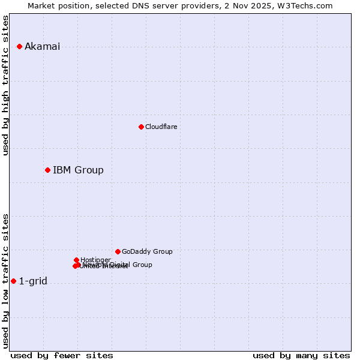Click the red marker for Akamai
pyautogui.click(x=19, y=46)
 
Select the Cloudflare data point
pyautogui.click(x=141, y=127)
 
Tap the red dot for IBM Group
pyautogui.click(x=47, y=170)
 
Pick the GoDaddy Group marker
pyautogui.click(x=118, y=251)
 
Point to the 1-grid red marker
pyautogui.click(x=13, y=281)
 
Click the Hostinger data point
pyautogui.click(x=76, y=260)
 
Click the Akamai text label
pyautogui.click(x=42, y=47)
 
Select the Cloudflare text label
pyautogui.click(x=161, y=127)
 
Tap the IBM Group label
pyautogui.click(x=78, y=170)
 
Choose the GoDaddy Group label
pyautogui.click(x=147, y=252)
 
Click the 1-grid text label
pyautogui.click(x=33, y=281)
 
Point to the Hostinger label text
pyautogui.click(x=95, y=260)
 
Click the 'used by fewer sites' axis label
pyautogui.click(x=62, y=355)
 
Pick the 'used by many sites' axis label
pyautogui.click(x=301, y=355)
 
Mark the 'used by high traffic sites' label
pyautogui.click(x=6, y=85)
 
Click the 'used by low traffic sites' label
pyautogui.click(x=6, y=281)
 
